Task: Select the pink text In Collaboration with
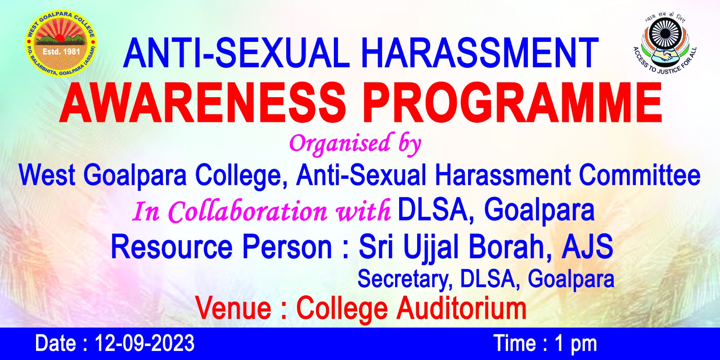click(261, 211)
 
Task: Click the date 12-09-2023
click(144, 343)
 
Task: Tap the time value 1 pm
click(576, 344)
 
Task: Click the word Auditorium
click(461, 309)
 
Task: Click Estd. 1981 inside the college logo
click(61, 51)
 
